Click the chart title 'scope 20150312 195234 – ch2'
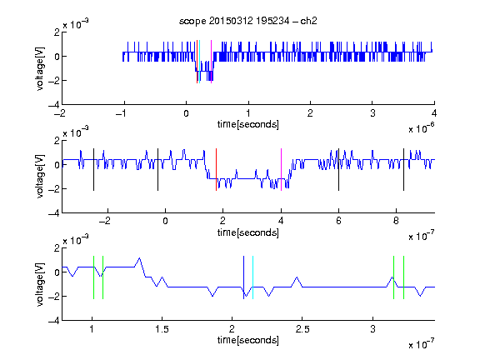(248, 21)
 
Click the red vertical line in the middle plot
(216, 170)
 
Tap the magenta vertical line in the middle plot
(282, 170)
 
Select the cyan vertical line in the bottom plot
(252, 277)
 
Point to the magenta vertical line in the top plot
(211, 62)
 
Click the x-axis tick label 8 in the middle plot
(396, 221)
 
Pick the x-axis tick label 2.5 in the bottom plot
(302, 329)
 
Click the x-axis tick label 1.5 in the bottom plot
(162, 329)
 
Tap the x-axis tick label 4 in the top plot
(434, 113)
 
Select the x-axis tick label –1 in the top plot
(121, 113)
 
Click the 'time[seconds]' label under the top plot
(248, 124)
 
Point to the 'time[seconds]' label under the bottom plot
(248, 340)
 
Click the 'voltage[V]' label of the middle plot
(40, 177)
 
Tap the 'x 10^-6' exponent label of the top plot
(422, 128)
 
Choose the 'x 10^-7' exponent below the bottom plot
(422, 344)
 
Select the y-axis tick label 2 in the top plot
(57, 32)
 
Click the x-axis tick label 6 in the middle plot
(338, 221)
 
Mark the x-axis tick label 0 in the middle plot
(165, 221)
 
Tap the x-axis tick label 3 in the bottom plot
(372, 329)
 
